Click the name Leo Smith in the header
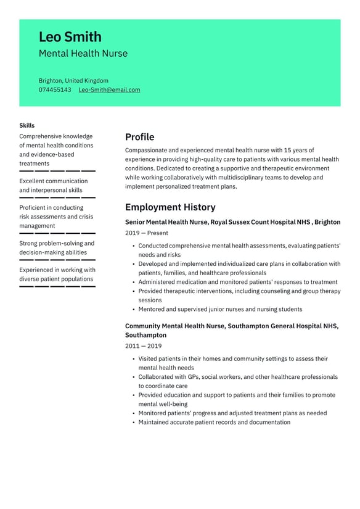click(70, 37)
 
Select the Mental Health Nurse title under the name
click(83, 54)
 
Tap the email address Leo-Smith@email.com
click(109, 90)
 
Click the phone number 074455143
click(55, 90)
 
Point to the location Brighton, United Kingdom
click(73, 81)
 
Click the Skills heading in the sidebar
click(27, 126)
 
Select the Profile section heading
click(139, 137)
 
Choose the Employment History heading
click(170, 207)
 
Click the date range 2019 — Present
click(146, 233)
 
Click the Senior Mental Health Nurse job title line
click(232, 222)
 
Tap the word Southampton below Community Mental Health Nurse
click(145, 335)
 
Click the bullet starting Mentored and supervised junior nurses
click(220, 309)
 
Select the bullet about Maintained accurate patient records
click(214, 423)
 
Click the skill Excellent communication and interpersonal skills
click(54, 186)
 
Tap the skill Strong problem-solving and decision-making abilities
click(57, 247)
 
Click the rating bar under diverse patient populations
click(57, 286)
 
